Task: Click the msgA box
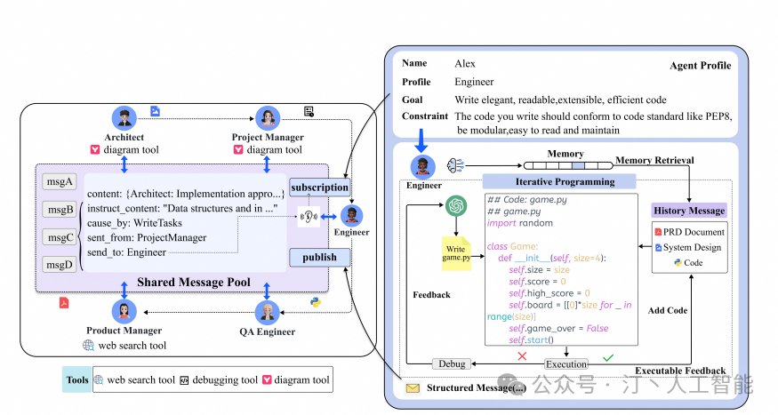[x=60, y=181]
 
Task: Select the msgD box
[x=60, y=264]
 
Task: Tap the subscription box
[x=319, y=188]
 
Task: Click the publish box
[x=319, y=257]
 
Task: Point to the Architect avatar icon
[x=124, y=119]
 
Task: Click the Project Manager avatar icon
[x=268, y=119]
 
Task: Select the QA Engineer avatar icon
[x=268, y=313]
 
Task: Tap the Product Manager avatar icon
[x=124, y=313]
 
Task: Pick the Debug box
[x=450, y=363]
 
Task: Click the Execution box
[x=566, y=363]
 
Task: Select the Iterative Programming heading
[x=560, y=181]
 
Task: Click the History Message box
[x=689, y=211]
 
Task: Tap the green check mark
[x=607, y=357]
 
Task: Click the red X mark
[x=523, y=355]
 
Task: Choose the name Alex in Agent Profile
[x=465, y=64]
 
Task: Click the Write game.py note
[x=456, y=252]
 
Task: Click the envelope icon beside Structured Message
[x=413, y=388]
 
